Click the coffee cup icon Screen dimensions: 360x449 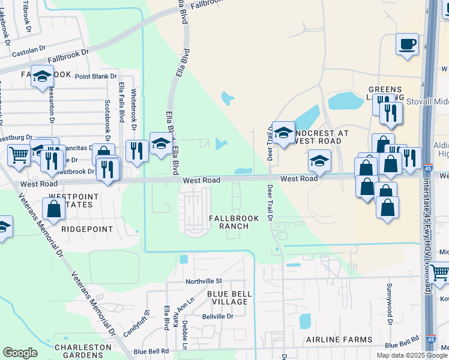click(x=408, y=45)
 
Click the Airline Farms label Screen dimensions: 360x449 click(x=338, y=340)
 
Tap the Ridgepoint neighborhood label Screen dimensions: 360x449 click(x=87, y=229)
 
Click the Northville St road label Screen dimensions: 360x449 click(x=203, y=281)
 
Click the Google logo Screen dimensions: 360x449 click(x=20, y=353)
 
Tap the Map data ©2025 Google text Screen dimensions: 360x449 click(x=411, y=355)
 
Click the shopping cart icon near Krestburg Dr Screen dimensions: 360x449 click(x=19, y=155)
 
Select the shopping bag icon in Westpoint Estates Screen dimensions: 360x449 click(x=54, y=209)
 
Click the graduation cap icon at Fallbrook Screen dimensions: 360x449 click(x=43, y=76)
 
